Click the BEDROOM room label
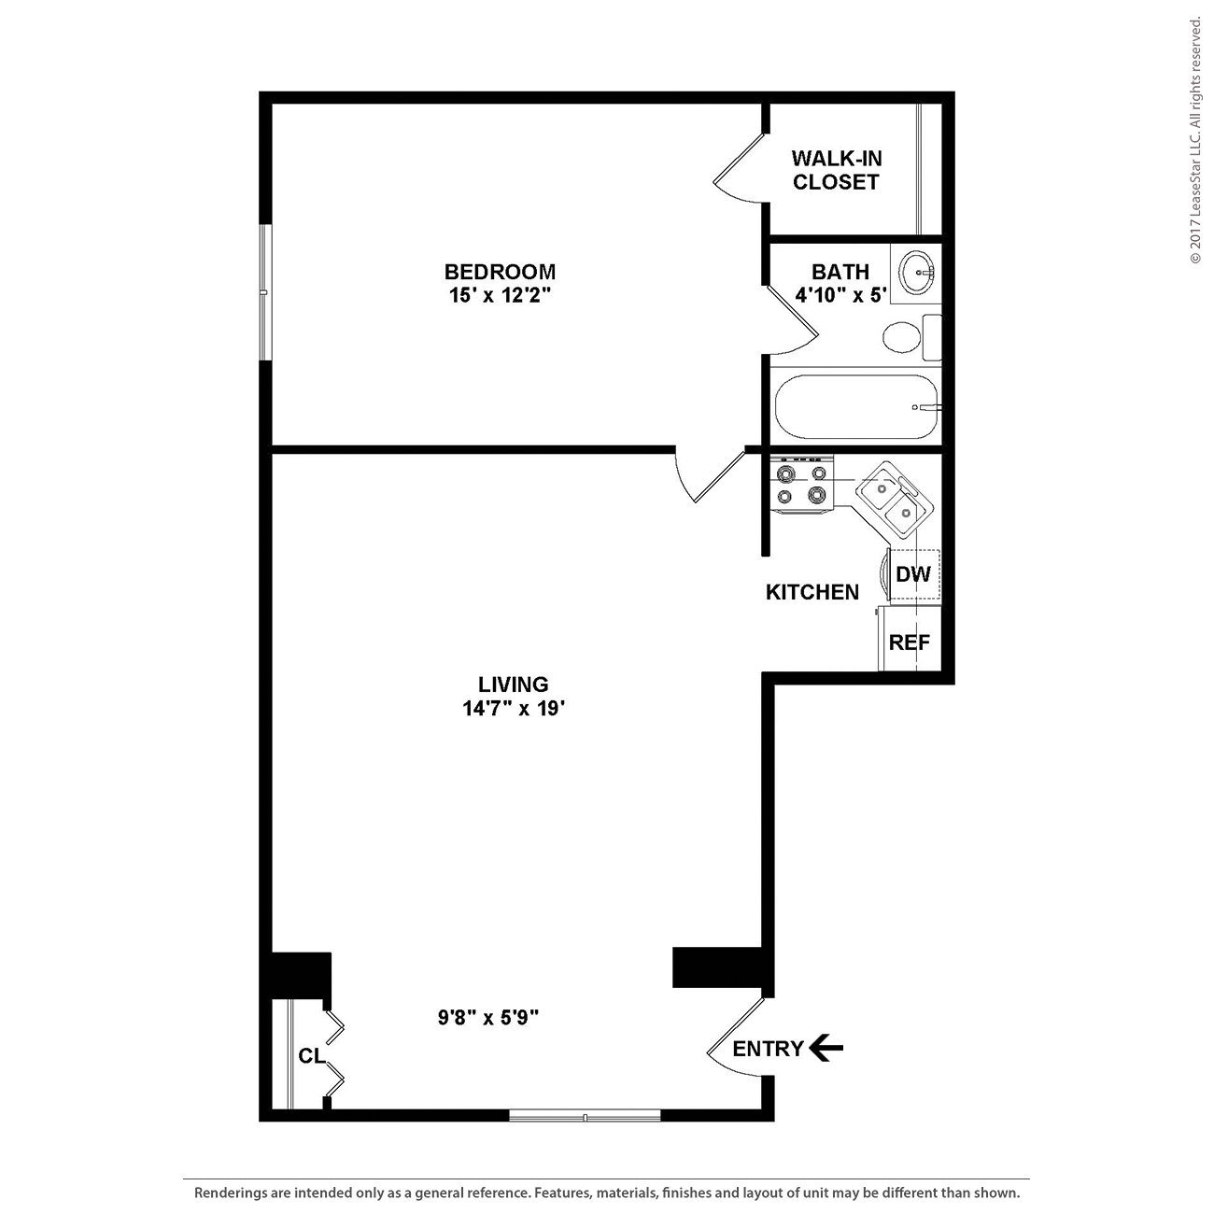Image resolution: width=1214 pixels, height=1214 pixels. (x=501, y=272)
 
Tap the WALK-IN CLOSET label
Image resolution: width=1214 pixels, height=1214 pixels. (x=836, y=169)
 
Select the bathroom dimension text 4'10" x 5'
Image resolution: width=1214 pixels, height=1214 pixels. (x=840, y=295)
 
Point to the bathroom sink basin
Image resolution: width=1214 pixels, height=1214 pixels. (x=917, y=273)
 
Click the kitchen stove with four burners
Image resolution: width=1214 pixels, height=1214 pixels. (x=801, y=485)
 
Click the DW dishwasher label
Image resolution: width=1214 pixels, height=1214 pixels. (x=913, y=574)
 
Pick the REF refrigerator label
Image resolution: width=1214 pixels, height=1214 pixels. (x=909, y=642)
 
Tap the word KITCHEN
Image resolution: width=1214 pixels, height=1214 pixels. (x=812, y=592)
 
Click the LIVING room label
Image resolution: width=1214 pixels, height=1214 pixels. (x=513, y=685)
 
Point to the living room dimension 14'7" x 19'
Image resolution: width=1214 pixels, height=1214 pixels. (x=513, y=709)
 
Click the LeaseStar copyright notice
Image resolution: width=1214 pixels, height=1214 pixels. (x=1195, y=141)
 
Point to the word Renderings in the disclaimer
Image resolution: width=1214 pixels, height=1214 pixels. (x=230, y=1193)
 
